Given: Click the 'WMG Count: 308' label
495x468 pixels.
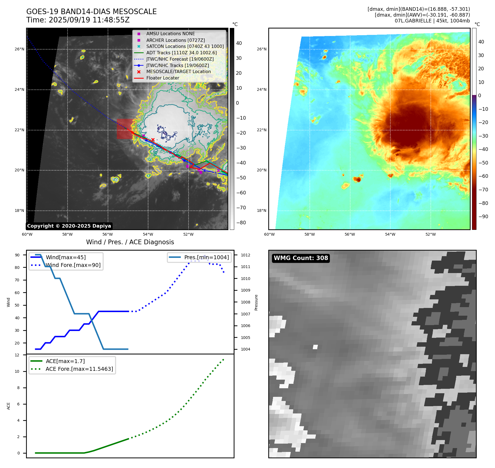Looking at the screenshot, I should [x=301, y=258].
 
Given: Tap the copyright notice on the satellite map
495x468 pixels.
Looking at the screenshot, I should [x=69, y=226].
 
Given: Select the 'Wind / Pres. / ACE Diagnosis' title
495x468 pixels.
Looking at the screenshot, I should [x=130, y=242].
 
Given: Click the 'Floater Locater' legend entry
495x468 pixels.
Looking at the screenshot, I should [x=163, y=78].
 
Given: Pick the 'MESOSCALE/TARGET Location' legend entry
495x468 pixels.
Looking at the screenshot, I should [x=178, y=72].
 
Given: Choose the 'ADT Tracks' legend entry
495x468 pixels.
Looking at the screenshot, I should [x=181, y=53].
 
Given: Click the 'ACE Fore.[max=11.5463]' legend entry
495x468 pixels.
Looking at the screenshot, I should [x=79, y=369].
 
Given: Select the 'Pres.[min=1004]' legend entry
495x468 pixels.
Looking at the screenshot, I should [x=206, y=257].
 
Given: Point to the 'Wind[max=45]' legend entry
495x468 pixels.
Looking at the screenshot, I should [x=66, y=257].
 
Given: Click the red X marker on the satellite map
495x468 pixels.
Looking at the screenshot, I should [x=153, y=140].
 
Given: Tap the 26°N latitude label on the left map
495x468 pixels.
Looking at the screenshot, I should [x=19, y=49].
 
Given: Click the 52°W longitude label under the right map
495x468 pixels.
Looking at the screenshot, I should [x=430, y=234].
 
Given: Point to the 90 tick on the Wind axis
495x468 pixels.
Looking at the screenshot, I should [x=17, y=255].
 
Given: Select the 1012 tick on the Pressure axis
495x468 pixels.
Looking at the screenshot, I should [x=245, y=255].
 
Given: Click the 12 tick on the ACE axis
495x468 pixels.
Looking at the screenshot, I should [x=17, y=355].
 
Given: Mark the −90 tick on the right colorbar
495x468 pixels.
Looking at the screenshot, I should [x=483, y=217].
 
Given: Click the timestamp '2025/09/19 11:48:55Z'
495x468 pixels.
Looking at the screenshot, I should [x=89, y=20].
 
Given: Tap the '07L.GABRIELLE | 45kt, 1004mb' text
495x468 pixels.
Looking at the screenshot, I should [x=432, y=21].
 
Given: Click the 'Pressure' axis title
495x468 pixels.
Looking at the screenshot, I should [x=256, y=302].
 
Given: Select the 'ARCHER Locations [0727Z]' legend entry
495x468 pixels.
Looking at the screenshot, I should [x=176, y=40].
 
